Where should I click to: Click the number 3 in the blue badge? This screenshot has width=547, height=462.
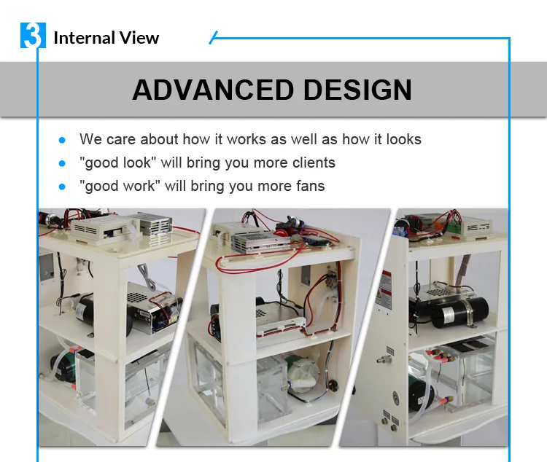point(32,36)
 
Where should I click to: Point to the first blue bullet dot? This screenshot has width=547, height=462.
point(62,139)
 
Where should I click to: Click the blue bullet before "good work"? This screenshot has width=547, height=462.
point(62,186)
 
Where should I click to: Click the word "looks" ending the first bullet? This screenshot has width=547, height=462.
point(403,139)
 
